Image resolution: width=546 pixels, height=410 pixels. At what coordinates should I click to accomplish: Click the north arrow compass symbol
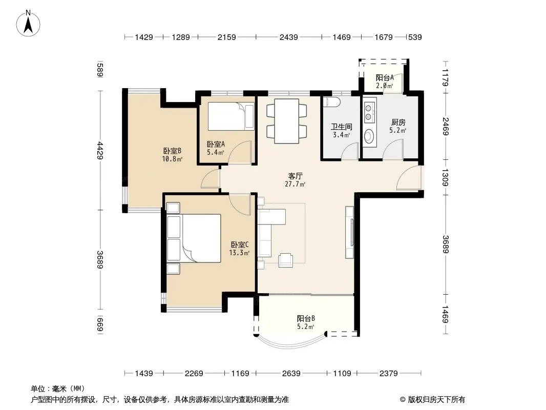(x=28, y=24)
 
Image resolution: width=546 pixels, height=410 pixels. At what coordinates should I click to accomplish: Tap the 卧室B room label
(x=172, y=151)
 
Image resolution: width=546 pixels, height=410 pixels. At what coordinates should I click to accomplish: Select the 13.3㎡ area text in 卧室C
(x=239, y=253)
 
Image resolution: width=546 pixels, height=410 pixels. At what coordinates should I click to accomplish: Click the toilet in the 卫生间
(x=329, y=102)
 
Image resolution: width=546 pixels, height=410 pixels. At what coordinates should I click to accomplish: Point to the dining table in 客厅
(x=286, y=121)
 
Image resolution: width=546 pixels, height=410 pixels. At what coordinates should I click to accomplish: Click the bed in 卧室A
(x=231, y=116)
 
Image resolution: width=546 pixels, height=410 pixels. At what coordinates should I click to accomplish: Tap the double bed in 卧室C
(x=194, y=238)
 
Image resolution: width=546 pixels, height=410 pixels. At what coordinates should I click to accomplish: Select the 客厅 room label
(x=295, y=176)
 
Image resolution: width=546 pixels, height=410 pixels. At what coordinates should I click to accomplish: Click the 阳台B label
(x=306, y=318)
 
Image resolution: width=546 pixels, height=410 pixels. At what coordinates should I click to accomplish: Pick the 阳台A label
(x=385, y=78)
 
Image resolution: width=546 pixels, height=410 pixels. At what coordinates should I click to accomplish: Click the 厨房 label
(x=398, y=122)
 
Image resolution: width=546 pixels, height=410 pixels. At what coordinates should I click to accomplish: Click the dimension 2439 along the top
(x=289, y=37)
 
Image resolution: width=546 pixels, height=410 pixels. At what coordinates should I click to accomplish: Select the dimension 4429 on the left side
(x=100, y=151)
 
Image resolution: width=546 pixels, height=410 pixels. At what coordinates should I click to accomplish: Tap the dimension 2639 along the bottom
(x=291, y=374)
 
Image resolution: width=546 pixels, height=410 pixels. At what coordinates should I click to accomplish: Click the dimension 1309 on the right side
(x=445, y=177)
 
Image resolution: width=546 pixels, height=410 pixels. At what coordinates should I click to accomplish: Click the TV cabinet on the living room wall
(x=350, y=232)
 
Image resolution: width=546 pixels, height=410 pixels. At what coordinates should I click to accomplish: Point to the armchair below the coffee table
(x=285, y=260)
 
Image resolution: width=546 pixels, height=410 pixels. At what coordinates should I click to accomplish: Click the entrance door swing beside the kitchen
(x=409, y=178)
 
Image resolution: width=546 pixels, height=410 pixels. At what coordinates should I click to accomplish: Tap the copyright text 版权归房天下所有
(x=436, y=400)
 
